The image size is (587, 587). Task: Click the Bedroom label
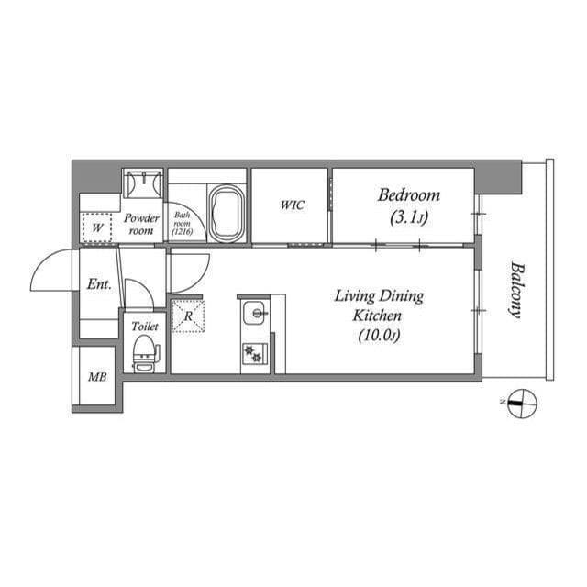(409, 195)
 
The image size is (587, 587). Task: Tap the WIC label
(292, 205)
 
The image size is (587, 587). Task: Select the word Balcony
(516, 291)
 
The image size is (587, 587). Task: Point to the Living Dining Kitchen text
(378, 305)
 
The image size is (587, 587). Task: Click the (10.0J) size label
(378, 337)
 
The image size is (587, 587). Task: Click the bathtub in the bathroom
(226, 214)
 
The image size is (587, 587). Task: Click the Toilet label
(145, 326)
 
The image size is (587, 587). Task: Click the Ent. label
(98, 284)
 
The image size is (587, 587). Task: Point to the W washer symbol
(96, 225)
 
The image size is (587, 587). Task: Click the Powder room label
(142, 225)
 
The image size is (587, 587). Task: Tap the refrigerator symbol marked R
(187, 315)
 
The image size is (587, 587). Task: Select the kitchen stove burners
(253, 353)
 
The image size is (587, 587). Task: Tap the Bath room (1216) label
(182, 225)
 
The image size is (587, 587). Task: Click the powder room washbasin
(142, 184)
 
